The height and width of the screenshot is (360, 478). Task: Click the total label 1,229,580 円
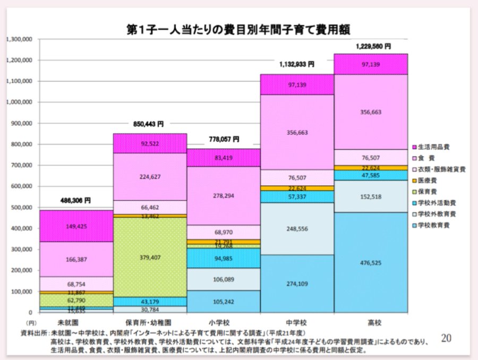373,47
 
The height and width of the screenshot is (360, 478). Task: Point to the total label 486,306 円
75,201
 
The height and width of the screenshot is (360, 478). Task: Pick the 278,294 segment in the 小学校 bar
223,196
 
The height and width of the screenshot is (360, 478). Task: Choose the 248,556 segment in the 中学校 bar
297,229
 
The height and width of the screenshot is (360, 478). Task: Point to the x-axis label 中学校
296,322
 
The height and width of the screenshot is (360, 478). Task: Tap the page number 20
446,338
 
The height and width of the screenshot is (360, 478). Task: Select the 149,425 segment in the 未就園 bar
76,226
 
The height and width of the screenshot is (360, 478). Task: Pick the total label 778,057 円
223,139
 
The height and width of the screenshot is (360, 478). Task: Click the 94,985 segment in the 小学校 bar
223,259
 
